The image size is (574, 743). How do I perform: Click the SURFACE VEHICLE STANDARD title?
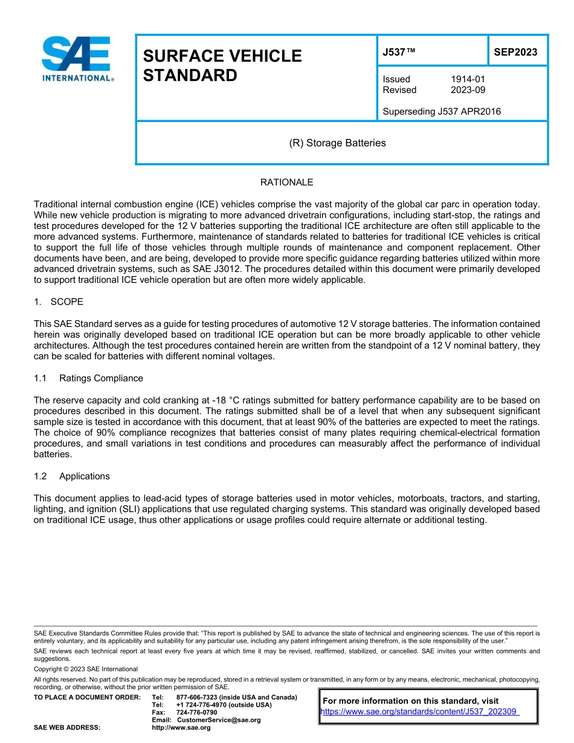tap(222, 66)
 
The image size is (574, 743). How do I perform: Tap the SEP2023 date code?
tap(515, 52)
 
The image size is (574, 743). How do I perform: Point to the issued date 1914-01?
tap(468, 79)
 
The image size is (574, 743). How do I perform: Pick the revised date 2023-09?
tap(468, 90)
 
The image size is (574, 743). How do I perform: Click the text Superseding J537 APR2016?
tap(442, 112)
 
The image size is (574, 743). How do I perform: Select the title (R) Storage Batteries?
tap(337, 143)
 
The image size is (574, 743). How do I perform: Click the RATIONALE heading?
tap(286, 182)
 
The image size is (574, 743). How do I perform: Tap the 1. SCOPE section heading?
tap(59, 301)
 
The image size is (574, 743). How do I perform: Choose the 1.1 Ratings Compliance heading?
tap(88, 378)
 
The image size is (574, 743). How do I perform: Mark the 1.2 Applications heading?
tap(72, 476)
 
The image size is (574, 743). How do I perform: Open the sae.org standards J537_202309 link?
tap(419, 712)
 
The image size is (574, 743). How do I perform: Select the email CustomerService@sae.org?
tap(219, 720)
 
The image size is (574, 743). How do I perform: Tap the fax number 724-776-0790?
tap(196, 713)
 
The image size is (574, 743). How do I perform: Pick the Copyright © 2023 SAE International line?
tap(86, 669)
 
